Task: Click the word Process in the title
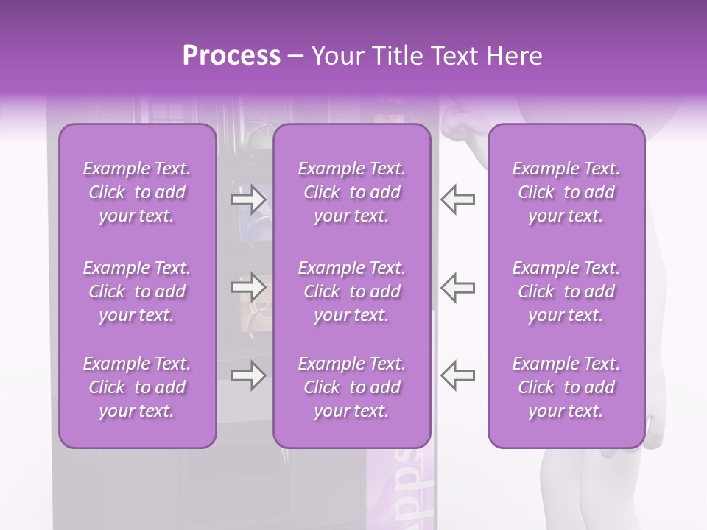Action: tap(231, 56)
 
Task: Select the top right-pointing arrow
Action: tap(248, 199)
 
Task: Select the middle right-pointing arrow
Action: tap(248, 288)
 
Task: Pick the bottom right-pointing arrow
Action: tap(248, 375)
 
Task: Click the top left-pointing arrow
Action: tap(458, 199)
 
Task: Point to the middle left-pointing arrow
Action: tap(458, 288)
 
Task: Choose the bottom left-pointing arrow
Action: tap(458, 375)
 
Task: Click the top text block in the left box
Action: tap(137, 192)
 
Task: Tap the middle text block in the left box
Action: tap(137, 291)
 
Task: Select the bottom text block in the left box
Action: tap(137, 387)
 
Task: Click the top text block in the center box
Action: tap(352, 192)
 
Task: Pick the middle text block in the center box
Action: tap(352, 291)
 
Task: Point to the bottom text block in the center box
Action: tap(352, 387)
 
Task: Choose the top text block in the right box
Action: tap(566, 192)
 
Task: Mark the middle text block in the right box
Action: tap(566, 291)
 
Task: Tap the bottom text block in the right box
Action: tap(566, 387)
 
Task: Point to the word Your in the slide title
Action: tap(337, 56)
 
